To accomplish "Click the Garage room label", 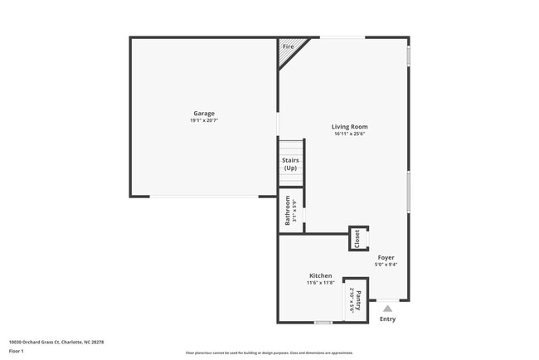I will click(x=204, y=113).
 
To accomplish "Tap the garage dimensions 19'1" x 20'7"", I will click(x=204, y=120).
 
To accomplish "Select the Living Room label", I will click(x=351, y=126).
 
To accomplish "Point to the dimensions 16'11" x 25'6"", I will click(x=351, y=134).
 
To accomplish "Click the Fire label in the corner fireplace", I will click(x=289, y=46).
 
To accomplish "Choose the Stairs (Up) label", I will click(x=290, y=163).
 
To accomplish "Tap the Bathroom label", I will click(x=288, y=210).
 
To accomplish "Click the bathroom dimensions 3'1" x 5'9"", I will click(x=294, y=210).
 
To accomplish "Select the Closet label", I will click(x=357, y=239).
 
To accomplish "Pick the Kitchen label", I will click(x=321, y=275).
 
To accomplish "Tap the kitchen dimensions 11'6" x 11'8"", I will click(x=321, y=283).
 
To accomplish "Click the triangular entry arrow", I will click(x=387, y=308).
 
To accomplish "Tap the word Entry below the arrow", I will click(x=387, y=319).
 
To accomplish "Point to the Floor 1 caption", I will click(x=17, y=351).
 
